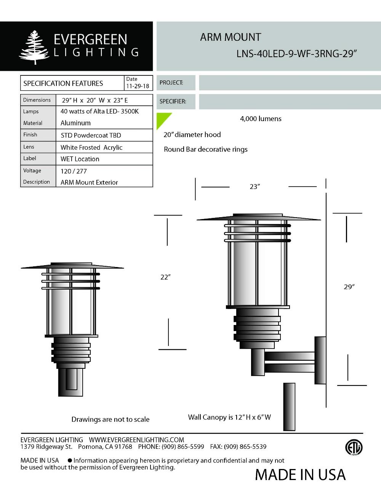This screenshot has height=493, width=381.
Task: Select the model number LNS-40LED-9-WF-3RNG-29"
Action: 296,54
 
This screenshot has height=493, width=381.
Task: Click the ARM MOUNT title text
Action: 231,37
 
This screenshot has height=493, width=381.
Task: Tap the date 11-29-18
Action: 138,86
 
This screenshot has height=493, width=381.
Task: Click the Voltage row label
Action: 32,171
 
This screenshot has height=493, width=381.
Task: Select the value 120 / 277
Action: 74,171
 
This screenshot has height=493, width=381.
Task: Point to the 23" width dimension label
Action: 255,187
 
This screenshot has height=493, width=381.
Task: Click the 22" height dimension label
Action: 165,277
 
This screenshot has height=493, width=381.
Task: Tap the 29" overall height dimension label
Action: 349,287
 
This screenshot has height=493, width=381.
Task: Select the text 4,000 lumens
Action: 261,119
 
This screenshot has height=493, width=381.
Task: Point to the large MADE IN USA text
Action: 300,475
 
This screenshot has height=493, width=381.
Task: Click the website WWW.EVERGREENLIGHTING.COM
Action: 136,440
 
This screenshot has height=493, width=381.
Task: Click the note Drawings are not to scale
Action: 110,419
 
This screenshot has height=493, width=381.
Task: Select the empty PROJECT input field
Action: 290,83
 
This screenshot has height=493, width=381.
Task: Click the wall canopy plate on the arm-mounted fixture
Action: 320,360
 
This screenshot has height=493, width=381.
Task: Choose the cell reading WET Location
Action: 80,159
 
